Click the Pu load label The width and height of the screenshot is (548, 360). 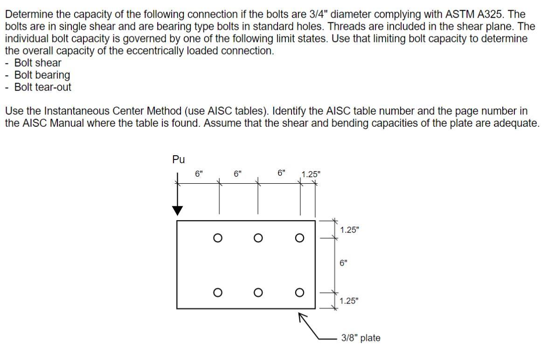point(178,159)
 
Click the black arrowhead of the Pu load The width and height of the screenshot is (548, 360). point(177,210)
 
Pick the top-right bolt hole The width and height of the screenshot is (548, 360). point(299,238)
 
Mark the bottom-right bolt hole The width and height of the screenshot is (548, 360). point(299,292)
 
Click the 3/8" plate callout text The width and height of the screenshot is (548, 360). point(361,338)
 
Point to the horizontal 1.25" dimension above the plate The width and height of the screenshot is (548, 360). point(311,175)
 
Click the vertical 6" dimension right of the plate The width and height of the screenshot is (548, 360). point(344,263)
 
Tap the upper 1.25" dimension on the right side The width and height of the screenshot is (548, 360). point(350,230)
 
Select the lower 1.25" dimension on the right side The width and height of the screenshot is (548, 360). point(349,301)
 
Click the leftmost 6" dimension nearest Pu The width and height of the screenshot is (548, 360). point(199,173)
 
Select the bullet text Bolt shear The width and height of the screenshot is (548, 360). point(38,63)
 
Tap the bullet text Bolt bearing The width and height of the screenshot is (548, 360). point(42,75)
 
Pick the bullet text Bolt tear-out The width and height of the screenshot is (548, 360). point(43,87)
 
